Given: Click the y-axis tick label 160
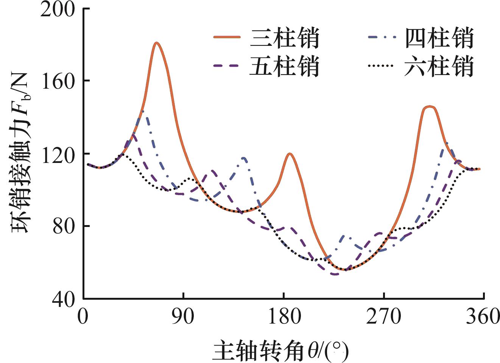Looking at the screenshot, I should click(58, 82).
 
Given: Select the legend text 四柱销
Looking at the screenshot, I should click(439, 38).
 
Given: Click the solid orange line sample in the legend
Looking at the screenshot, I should click(227, 37).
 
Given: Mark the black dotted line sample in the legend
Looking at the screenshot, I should click(382, 66).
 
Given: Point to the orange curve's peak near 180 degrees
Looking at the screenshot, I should click(290, 153).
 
